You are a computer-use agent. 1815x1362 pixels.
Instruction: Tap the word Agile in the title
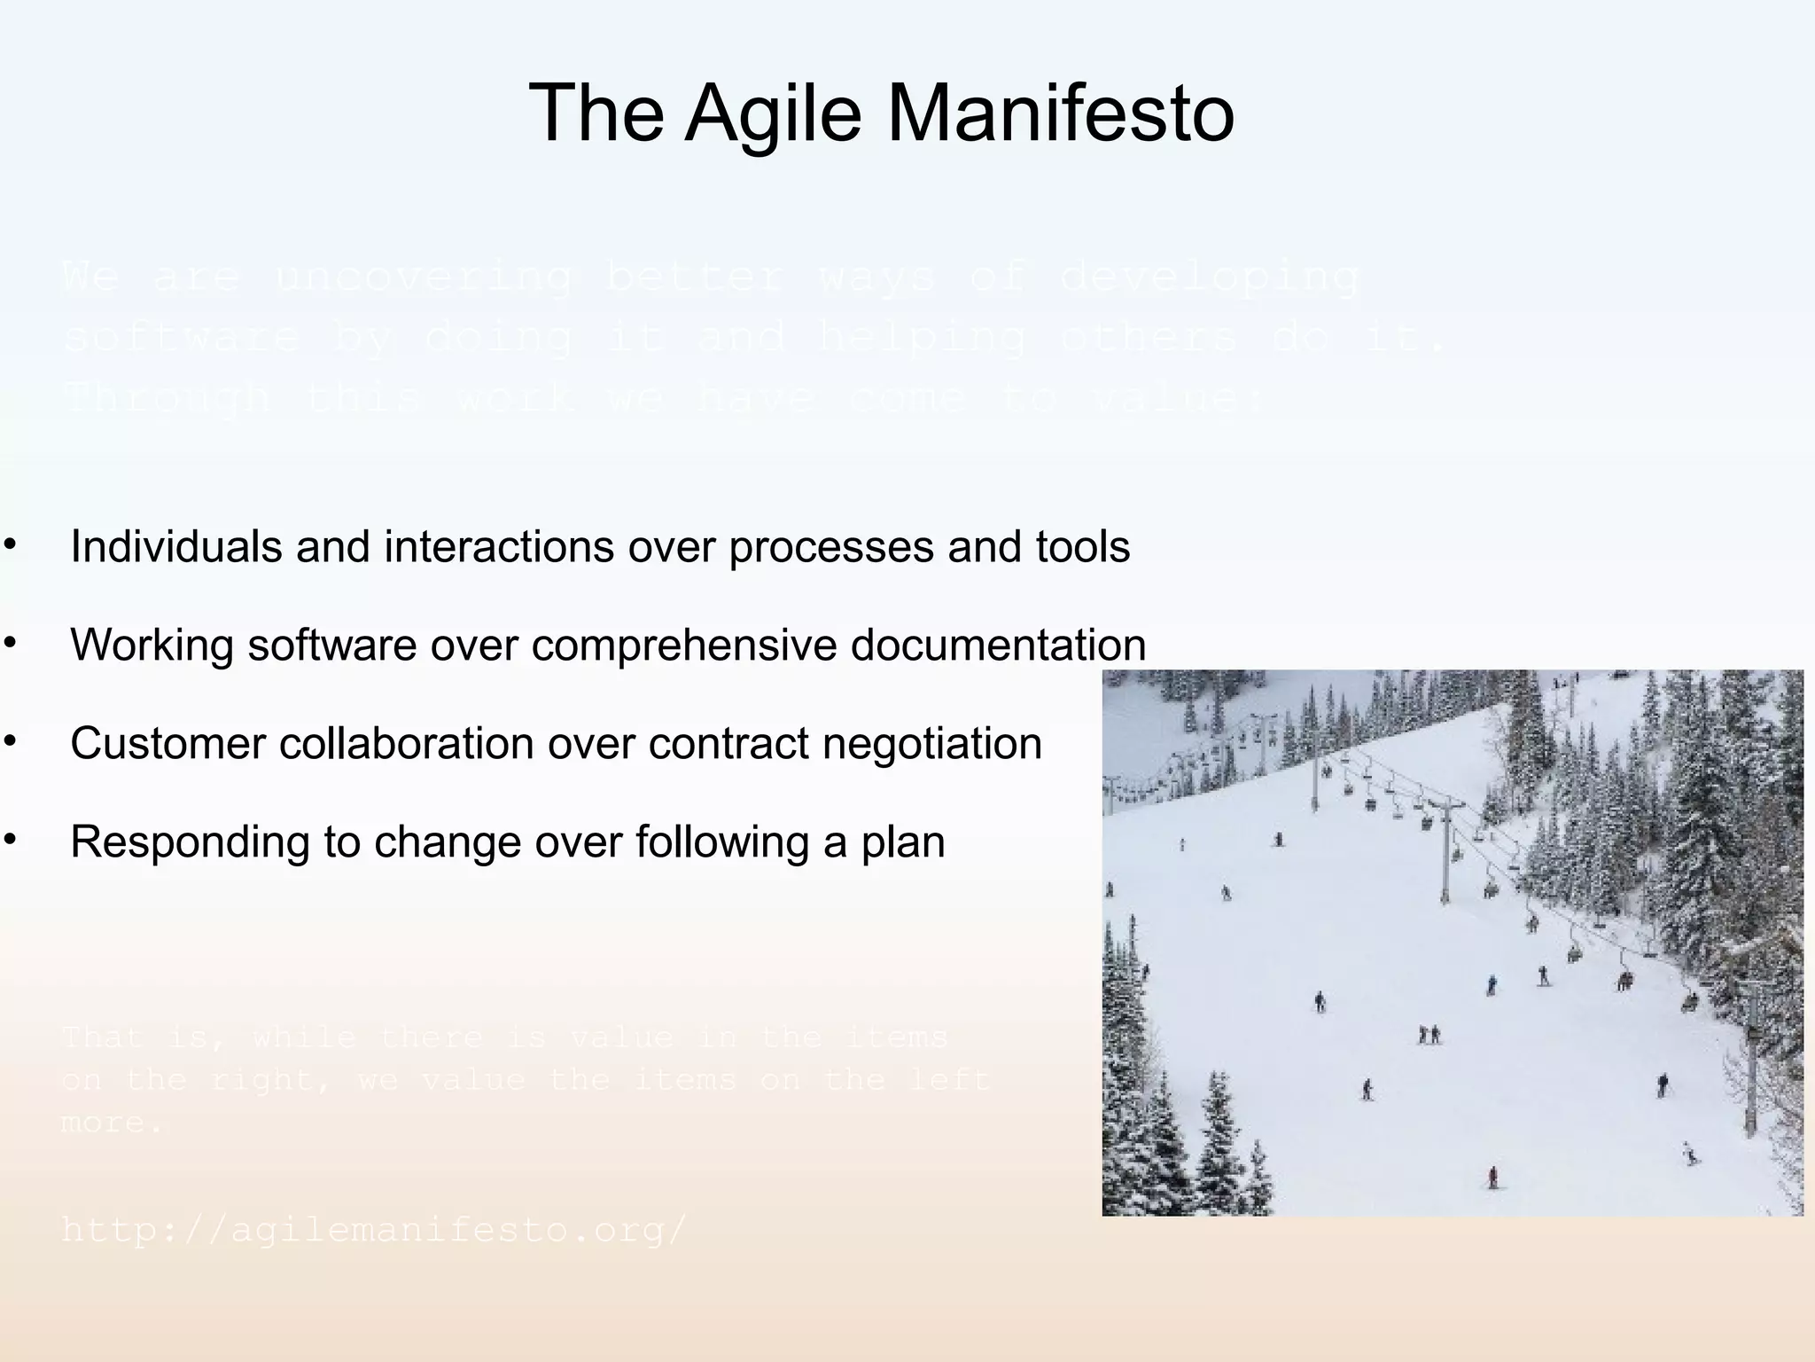[x=773, y=113]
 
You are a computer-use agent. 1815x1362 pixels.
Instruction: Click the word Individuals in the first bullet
[x=175, y=546]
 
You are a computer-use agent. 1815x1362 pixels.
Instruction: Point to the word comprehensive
[x=683, y=645]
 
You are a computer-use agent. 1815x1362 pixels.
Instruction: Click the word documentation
[x=998, y=645]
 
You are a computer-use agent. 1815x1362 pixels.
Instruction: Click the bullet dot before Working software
[x=10, y=642]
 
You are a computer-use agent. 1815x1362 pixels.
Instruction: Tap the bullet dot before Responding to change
[x=10, y=839]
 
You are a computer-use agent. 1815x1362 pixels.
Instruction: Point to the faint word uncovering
[x=422, y=278]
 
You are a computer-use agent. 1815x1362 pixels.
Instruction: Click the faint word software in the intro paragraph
[x=183, y=338]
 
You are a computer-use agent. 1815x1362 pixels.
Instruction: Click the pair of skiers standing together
[x=1429, y=1034]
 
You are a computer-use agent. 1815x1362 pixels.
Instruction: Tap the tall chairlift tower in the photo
[x=1445, y=847]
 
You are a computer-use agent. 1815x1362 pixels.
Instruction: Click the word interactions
[x=499, y=546]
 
